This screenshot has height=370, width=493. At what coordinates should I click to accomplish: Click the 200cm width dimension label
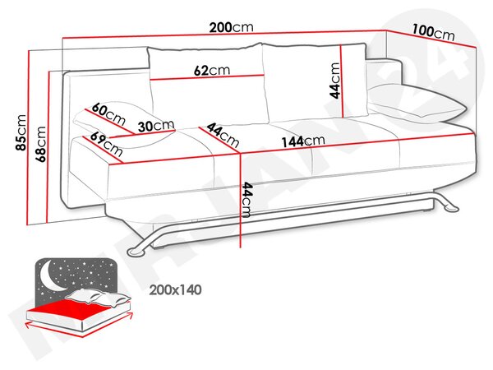tap(231, 27)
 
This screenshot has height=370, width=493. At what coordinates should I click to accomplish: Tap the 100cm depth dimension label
tap(433, 32)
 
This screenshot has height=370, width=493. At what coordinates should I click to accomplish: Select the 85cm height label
tap(21, 132)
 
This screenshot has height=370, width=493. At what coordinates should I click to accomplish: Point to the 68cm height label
tap(41, 144)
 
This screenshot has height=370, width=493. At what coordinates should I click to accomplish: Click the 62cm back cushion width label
tap(212, 70)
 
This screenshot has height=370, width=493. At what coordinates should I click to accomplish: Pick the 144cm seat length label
tap(302, 141)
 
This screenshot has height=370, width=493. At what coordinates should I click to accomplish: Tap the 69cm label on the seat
tap(106, 144)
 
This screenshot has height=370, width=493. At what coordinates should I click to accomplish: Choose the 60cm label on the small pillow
tap(108, 114)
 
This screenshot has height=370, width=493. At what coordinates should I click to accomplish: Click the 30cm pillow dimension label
tap(156, 126)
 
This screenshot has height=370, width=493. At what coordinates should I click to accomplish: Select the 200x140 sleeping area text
tap(175, 289)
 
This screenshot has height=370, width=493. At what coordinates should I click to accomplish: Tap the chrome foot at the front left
tap(137, 251)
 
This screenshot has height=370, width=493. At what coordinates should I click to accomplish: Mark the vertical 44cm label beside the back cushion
tap(335, 81)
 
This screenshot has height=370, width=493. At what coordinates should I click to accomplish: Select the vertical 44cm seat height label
tap(246, 200)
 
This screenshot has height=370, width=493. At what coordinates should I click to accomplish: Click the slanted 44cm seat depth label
tap(223, 135)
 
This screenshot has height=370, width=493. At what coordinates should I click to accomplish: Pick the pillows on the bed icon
tap(98, 297)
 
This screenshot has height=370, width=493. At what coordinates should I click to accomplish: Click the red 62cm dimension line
tap(207, 77)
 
